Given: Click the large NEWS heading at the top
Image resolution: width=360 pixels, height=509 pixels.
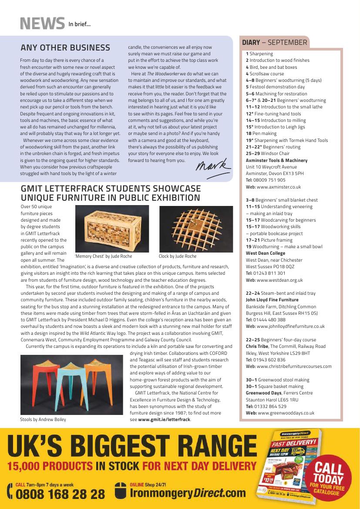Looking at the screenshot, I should point(42,24).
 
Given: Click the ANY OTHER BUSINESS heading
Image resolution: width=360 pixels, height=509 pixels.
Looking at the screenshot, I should point(65,47).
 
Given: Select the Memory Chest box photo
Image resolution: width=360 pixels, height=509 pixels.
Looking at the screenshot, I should point(111,228).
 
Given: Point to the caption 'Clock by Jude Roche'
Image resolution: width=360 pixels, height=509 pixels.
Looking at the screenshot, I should point(178,256).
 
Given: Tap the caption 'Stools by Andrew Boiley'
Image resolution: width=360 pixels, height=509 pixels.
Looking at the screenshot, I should point(43,420).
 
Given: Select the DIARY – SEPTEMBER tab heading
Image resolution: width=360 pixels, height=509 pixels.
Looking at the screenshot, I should point(274,42).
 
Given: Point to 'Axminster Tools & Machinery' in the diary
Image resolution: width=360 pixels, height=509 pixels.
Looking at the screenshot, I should point(276,160).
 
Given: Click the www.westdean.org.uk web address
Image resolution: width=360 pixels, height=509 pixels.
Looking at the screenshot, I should point(279,280).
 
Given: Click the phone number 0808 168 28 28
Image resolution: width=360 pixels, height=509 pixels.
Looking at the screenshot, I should point(60,494).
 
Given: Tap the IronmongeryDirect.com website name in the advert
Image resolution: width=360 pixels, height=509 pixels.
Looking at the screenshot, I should point(188,493).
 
